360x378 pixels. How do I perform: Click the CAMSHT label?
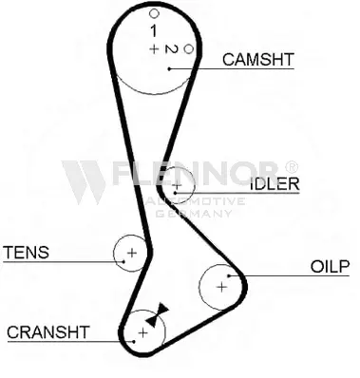click(258, 60)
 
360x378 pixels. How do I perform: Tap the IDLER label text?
click(275, 183)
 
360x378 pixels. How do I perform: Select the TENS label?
click(27, 253)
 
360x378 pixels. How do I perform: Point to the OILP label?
click(330, 267)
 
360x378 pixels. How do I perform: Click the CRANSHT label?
click(47, 332)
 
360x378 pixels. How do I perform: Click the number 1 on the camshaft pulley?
click(154, 31)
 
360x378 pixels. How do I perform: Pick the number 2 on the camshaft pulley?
click(171, 49)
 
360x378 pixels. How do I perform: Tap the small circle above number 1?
click(154, 13)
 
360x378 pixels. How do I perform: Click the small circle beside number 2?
click(189, 49)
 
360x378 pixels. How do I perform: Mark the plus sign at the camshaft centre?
click(154, 49)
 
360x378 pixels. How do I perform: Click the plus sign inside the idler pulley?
click(177, 185)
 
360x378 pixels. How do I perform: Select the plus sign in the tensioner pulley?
click(132, 253)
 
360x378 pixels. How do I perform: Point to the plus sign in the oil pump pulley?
click(222, 287)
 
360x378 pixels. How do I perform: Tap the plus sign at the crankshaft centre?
click(143, 332)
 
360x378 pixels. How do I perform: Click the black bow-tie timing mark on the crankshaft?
click(158, 314)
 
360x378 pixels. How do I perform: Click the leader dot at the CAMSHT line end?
click(169, 68)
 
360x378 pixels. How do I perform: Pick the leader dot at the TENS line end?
click(123, 261)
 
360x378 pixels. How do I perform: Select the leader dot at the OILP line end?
click(229, 275)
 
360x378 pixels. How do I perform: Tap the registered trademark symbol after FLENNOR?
click(292, 166)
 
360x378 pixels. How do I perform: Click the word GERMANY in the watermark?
click(194, 214)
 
